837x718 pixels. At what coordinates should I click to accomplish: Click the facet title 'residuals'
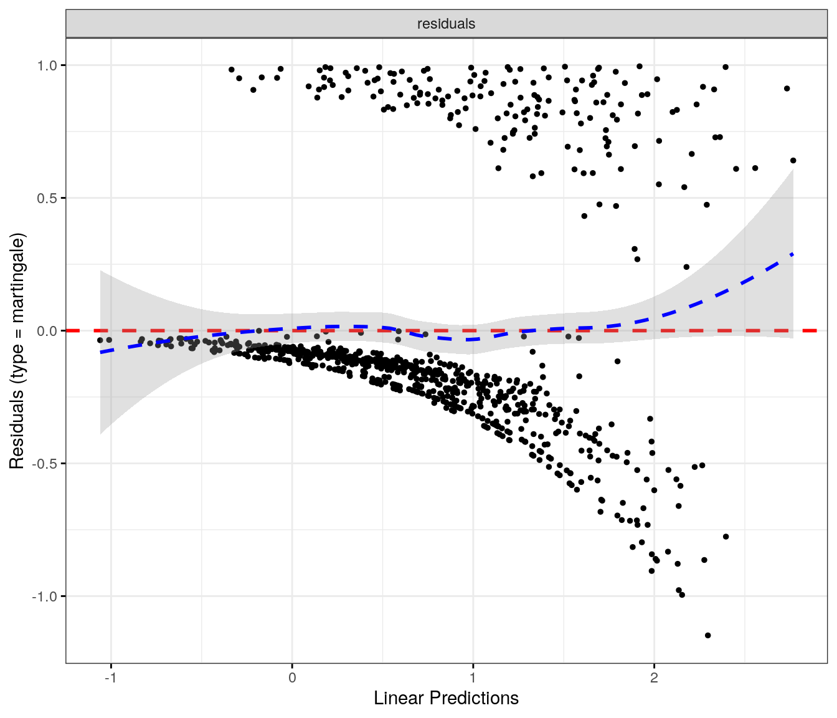point(446,24)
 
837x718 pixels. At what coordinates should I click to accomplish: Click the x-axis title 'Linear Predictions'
point(446,698)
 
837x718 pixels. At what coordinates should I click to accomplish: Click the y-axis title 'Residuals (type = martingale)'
point(17,351)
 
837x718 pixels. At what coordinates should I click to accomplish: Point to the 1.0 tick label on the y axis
point(47,65)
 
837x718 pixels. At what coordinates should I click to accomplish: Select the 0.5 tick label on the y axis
point(47,198)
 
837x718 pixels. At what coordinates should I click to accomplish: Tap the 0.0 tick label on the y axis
point(47,331)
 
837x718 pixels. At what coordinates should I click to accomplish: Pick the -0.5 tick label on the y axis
point(45,464)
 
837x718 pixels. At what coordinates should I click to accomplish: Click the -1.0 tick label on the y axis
point(45,596)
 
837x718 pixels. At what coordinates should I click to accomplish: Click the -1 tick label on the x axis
point(110,678)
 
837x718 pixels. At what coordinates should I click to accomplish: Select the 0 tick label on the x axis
point(292,678)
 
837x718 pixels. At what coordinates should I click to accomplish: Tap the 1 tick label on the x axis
point(473,678)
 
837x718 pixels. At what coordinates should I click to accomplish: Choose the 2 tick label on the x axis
point(654,678)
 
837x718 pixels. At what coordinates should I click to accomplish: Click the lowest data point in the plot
point(707,635)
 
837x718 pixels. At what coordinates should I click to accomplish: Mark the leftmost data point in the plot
point(100,340)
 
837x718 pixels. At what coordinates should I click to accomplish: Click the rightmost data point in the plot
point(793,161)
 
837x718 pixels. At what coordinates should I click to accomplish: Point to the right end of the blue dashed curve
point(793,254)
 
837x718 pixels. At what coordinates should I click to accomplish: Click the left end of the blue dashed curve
point(101,353)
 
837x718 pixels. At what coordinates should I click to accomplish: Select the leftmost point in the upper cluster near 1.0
point(232,70)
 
